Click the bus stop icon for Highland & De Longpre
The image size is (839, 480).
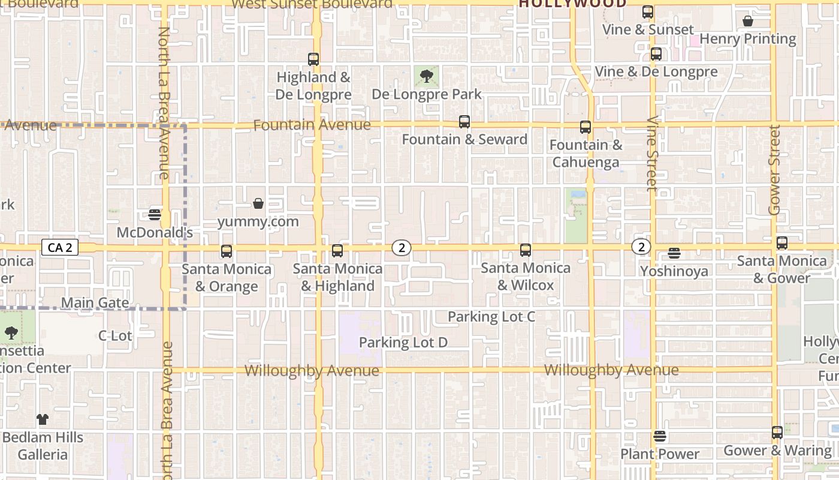[x=313, y=59]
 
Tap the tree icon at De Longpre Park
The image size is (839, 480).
[x=427, y=76]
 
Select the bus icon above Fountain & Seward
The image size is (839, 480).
[x=464, y=122]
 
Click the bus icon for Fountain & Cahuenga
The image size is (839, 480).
[x=586, y=127]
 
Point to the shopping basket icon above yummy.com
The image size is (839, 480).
[x=258, y=204]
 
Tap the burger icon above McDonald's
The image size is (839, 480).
[x=155, y=215]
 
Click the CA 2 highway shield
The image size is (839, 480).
[x=61, y=247]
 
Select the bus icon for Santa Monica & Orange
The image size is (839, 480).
[x=227, y=251]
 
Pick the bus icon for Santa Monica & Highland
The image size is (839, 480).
[x=337, y=251]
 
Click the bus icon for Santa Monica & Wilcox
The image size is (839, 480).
[x=526, y=250]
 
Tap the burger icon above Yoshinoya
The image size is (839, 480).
[x=674, y=253]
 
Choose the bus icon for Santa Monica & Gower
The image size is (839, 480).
[x=782, y=243]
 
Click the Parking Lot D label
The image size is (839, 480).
[x=403, y=343]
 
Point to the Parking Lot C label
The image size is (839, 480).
[x=491, y=317]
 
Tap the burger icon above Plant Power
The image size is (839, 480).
[x=660, y=436]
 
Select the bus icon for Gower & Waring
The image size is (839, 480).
[x=777, y=433]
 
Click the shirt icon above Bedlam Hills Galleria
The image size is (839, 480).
[x=42, y=419]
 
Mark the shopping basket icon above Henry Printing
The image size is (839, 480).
[x=748, y=22]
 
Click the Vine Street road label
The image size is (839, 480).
[x=652, y=153]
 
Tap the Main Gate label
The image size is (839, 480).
[x=95, y=303]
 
